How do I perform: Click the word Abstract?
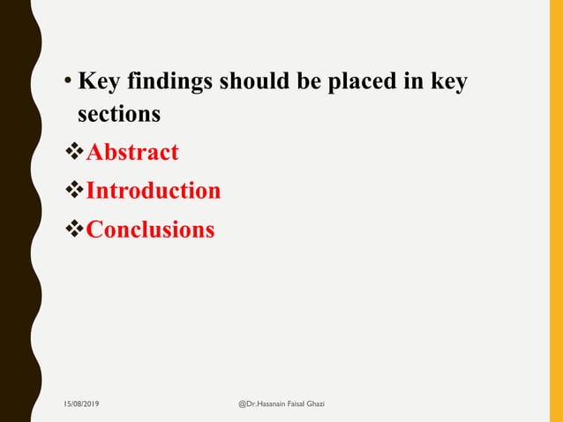click(132, 153)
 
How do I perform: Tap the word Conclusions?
click(151, 230)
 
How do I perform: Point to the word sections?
click(118, 115)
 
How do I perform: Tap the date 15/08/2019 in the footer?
click(81, 403)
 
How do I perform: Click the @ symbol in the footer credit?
click(244, 403)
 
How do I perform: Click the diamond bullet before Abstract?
click(75, 153)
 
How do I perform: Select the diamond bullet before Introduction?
click(75, 191)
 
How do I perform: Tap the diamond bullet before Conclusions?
click(75, 230)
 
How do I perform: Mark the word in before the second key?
click(415, 82)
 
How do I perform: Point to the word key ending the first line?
click(447, 83)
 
